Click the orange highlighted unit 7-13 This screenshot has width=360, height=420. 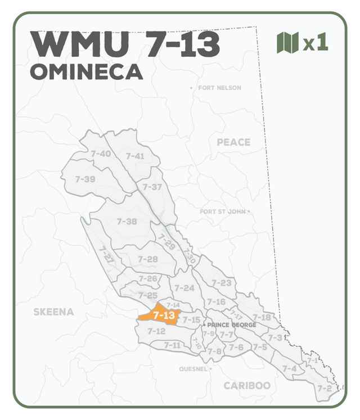click(163, 315)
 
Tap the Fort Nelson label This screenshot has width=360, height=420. click(219, 88)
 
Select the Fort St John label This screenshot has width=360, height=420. click(223, 212)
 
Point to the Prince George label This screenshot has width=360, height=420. click(232, 325)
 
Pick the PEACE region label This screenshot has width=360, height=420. click(233, 142)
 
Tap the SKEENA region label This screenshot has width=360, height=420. click(53, 311)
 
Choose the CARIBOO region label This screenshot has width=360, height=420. click(247, 386)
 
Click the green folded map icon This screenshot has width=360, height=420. click(287, 43)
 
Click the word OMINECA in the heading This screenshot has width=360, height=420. click(86, 72)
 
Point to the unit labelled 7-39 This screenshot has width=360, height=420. click(85, 179)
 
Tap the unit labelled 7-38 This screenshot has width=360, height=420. click(127, 222)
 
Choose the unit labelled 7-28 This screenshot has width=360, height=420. click(148, 259)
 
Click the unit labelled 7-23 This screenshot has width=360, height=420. click(222, 283)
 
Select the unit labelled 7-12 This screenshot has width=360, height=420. click(156, 331)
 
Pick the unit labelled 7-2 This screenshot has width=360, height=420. click(324, 389)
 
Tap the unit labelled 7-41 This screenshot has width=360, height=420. click(135, 156)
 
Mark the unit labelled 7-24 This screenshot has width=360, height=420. click(184, 288)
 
